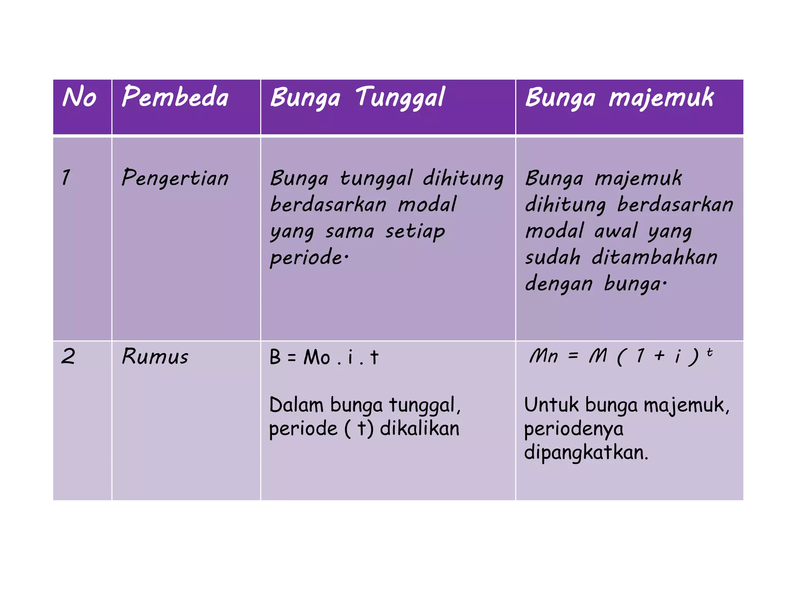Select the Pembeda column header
click(x=175, y=97)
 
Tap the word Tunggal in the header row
click(x=400, y=98)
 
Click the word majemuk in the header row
click(x=661, y=98)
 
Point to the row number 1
click(x=66, y=178)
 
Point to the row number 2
click(x=68, y=356)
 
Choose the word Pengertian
click(x=175, y=178)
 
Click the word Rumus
click(x=155, y=356)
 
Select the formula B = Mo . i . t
click(x=324, y=357)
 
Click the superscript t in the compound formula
click(x=709, y=352)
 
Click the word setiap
click(x=415, y=232)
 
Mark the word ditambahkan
click(x=654, y=257)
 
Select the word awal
click(x=616, y=231)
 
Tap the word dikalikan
click(x=420, y=429)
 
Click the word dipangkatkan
click(x=586, y=452)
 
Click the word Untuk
click(x=552, y=405)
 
